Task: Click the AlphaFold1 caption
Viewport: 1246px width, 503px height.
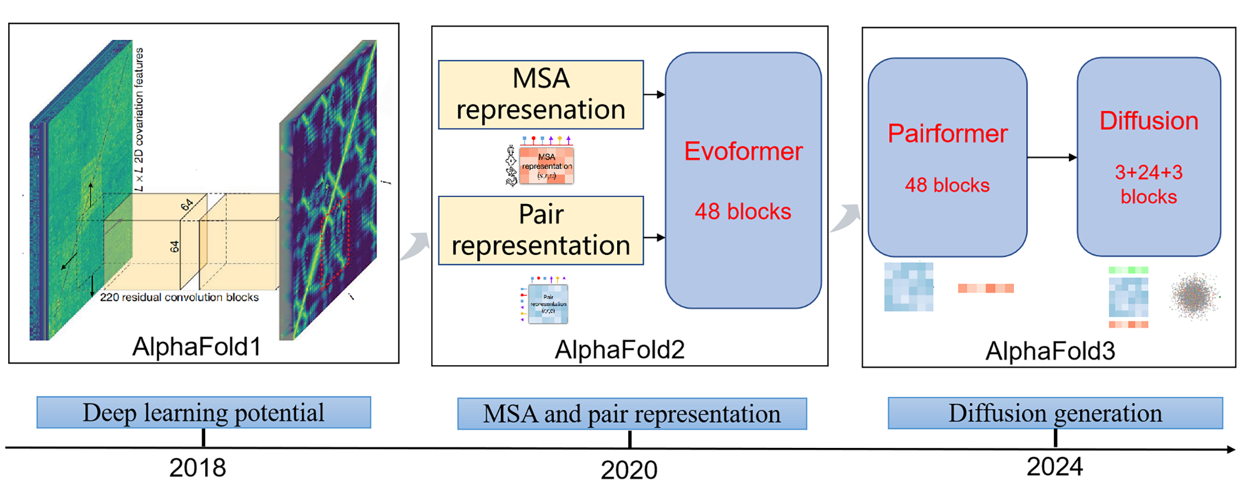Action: coord(196,346)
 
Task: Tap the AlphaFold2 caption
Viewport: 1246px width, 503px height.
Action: coord(619,349)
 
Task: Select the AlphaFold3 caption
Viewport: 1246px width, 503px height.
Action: coord(1050,351)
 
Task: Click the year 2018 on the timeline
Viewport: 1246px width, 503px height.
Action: coord(198,468)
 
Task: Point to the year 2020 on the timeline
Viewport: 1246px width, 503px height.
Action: coord(629,470)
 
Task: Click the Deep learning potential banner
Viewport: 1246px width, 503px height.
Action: coord(203,413)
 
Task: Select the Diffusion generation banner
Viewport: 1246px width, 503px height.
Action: coord(1055,413)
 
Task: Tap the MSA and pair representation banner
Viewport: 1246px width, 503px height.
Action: coord(631,414)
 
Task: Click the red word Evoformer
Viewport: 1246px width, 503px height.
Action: coord(743,151)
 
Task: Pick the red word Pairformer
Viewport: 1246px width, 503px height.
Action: coord(947,134)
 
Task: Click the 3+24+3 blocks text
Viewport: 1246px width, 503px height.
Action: coord(1148,184)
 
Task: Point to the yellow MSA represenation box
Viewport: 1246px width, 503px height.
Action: coord(540,94)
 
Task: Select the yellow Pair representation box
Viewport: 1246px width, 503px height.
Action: coord(540,230)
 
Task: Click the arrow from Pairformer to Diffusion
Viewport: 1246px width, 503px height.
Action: coord(1052,157)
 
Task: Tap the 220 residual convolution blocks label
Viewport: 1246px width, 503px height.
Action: coord(179,297)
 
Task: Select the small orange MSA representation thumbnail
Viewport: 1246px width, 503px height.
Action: coord(546,165)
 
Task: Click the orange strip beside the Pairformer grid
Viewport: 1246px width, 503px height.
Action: coord(985,288)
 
